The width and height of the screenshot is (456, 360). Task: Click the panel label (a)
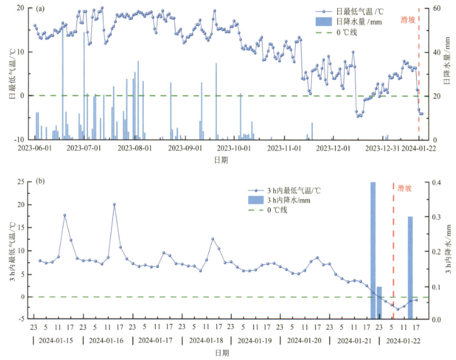(x=41, y=9)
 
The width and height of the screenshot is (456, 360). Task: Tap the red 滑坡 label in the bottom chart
(x=405, y=188)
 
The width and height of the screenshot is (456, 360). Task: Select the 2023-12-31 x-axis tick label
(x=383, y=148)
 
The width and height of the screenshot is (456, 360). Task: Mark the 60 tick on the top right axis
(x=437, y=9)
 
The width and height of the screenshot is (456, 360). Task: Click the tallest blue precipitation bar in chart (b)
(x=373, y=251)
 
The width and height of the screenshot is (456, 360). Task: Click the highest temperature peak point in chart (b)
(x=114, y=204)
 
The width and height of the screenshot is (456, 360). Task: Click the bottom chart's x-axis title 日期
(x=223, y=353)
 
